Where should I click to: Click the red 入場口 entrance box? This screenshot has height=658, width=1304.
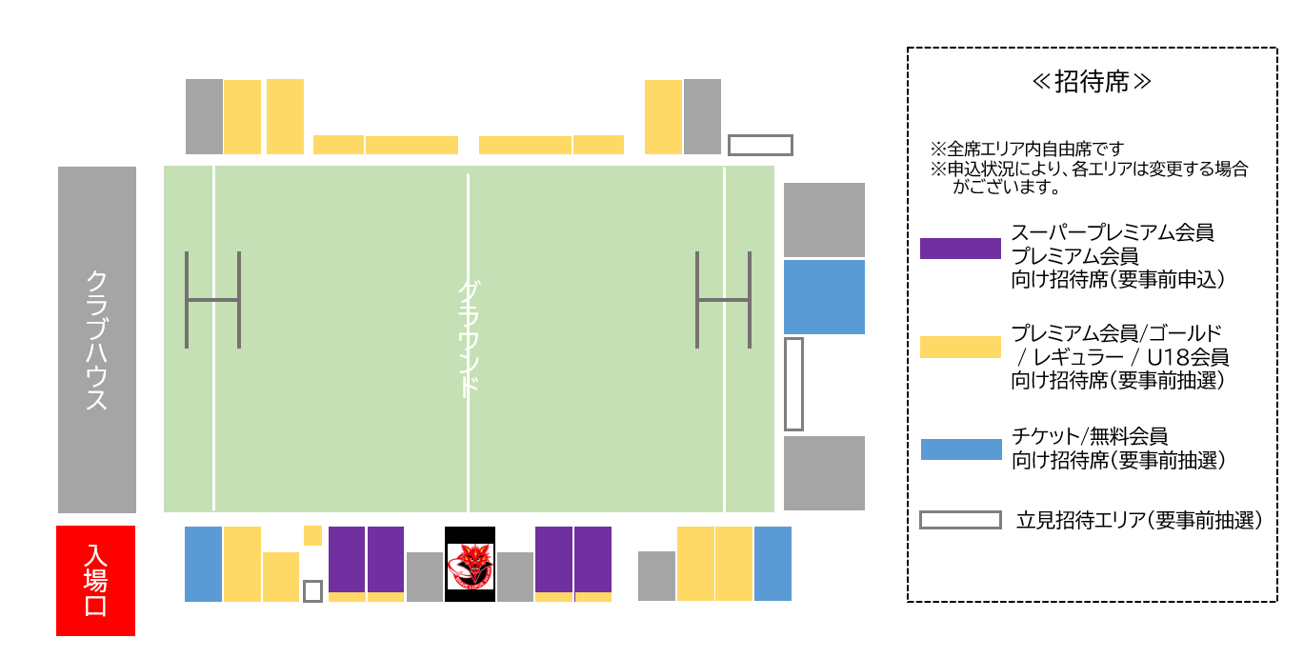point(95,580)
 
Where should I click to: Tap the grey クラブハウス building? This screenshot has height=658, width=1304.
point(96,340)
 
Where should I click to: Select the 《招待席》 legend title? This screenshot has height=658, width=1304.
point(1092,82)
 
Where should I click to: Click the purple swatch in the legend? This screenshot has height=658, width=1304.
point(960,249)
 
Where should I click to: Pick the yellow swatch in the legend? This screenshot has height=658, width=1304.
point(960,348)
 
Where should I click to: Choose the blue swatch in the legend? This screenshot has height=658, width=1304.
point(960,449)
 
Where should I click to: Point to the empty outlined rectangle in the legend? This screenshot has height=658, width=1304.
point(960,520)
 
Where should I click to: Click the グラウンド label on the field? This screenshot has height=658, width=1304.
point(468,339)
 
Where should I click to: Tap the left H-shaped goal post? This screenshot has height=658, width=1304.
point(212,300)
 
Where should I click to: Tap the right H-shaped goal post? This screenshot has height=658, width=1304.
point(723,300)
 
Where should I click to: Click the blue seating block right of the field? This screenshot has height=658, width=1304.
point(824,297)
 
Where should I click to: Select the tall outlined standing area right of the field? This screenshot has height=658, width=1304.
point(793,384)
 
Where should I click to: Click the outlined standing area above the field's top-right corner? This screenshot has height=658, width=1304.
point(760,145)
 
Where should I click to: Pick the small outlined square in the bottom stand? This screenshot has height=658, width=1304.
point(312,591)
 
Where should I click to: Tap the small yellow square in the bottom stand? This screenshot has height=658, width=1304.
point(312,535)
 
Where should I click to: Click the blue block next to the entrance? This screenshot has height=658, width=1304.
point(203,564)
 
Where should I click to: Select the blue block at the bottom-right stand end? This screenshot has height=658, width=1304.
point(772,564)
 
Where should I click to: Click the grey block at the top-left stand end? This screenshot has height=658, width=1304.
point(204,116)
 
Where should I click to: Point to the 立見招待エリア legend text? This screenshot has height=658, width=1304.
point(1139,521)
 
